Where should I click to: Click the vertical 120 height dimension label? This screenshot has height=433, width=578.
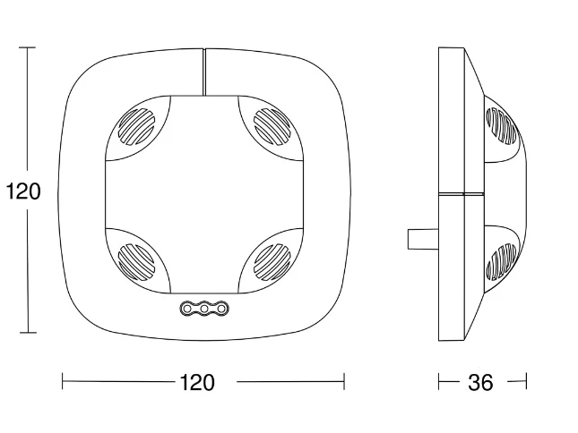pyautogui.click(x=23, y=191)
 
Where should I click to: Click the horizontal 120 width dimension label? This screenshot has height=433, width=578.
pyautogui.click(x=197, y=382)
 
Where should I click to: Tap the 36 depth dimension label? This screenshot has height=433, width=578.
pyautogui.click(x=480, y=382)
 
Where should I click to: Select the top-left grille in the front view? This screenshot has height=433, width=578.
pyautogui.click(x=136, y=126)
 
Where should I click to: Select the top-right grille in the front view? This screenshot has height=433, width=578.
pyautogui.click(x=272, y=126)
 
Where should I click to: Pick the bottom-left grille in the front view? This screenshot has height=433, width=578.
pyautogui.click(x=136, y=261)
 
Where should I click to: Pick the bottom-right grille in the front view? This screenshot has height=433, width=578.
pyautogui.click(x=272, y=261)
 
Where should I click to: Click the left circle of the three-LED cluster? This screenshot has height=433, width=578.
pyautogui.click(x=187, y=308)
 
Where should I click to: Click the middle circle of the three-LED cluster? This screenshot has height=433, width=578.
pyautogui.click(x=204, y=308)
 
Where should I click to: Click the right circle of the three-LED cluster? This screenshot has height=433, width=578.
pyautogui.click(x=221, y=308)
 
